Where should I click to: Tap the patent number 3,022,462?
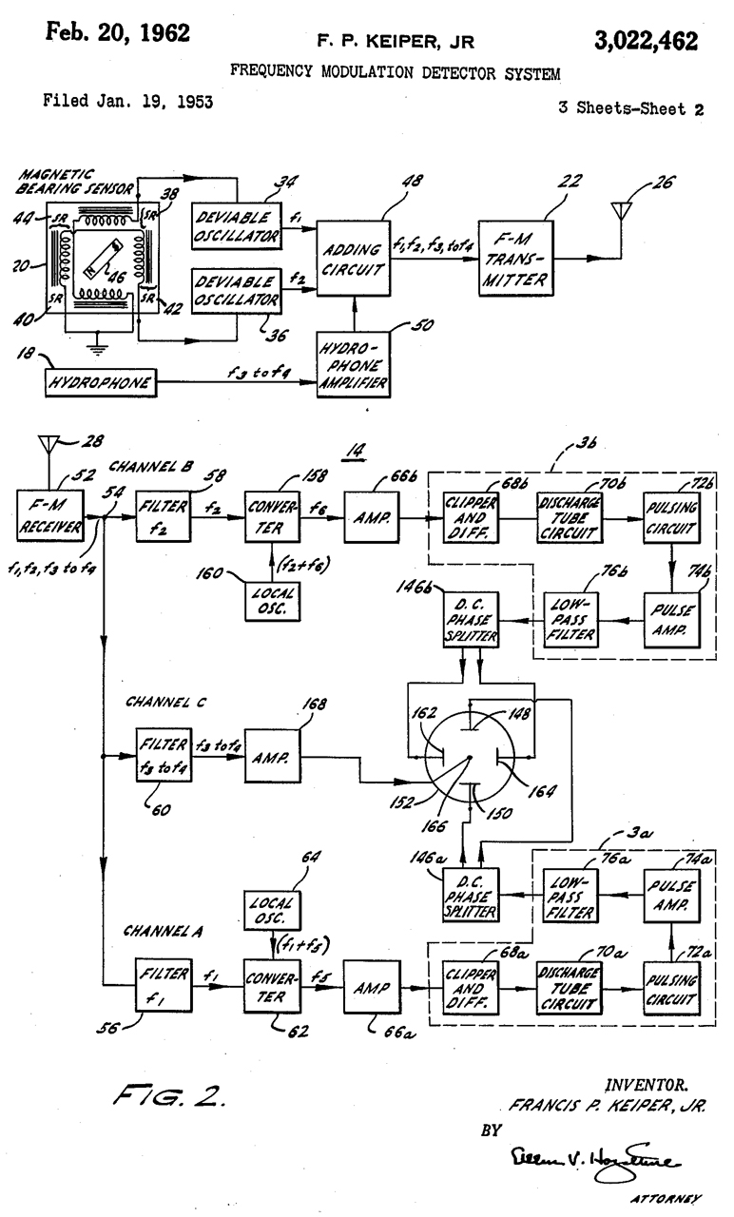point(649,41)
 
